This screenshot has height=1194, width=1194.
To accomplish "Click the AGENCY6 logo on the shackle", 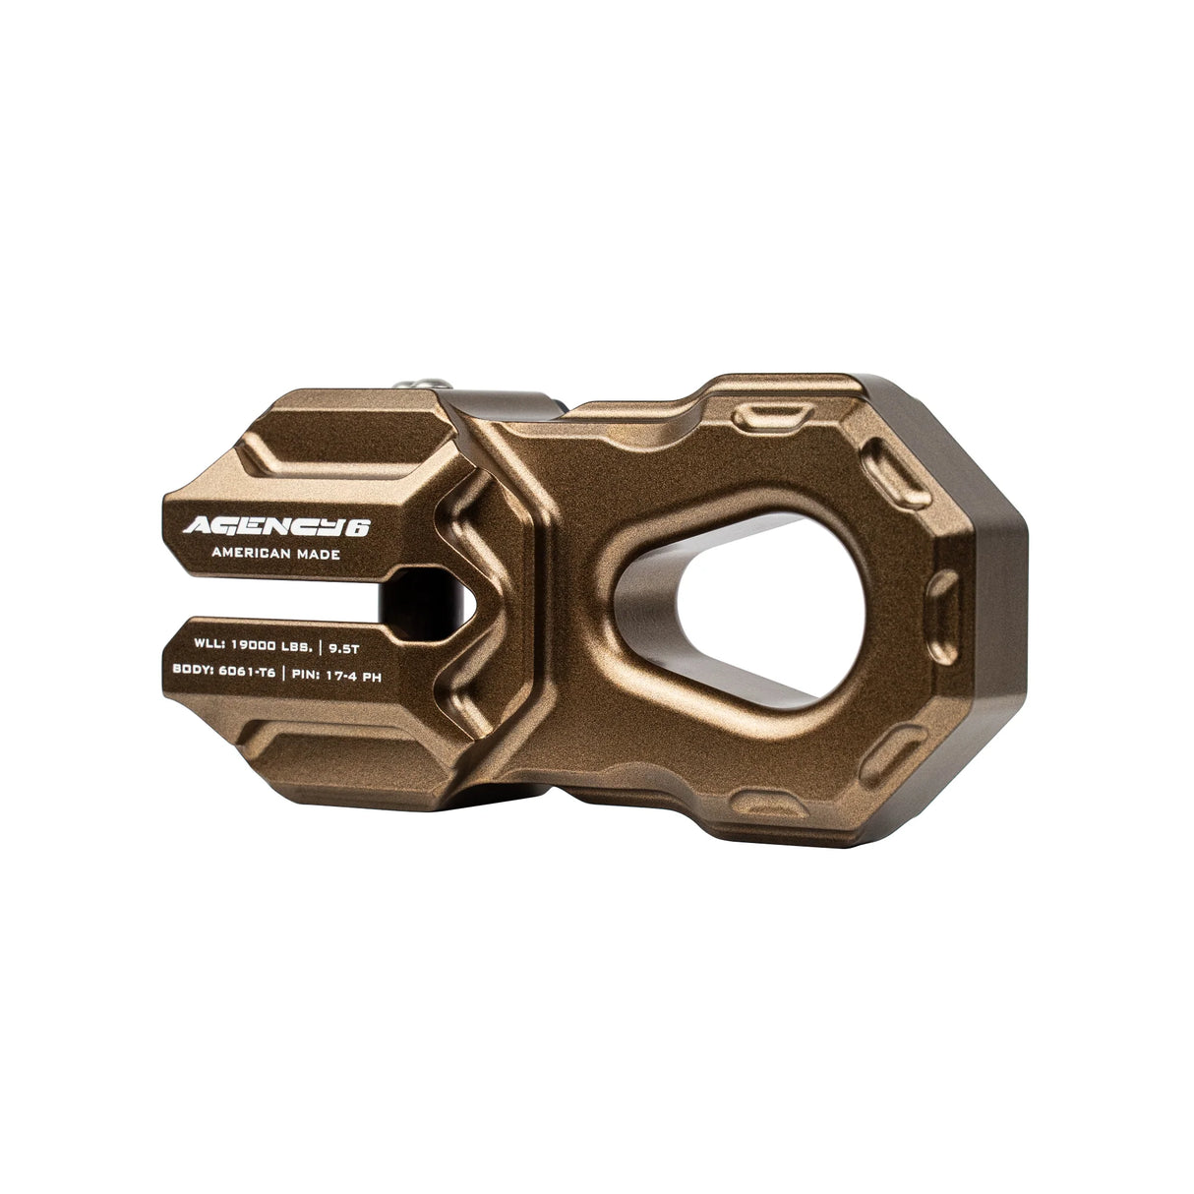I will tap(275, 526).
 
